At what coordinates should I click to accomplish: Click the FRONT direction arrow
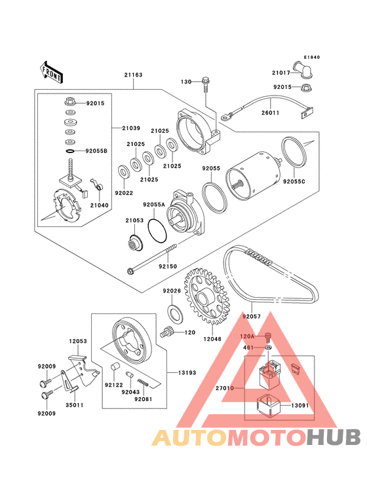[x=51, y=72]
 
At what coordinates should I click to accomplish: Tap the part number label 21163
[x=133, y=75]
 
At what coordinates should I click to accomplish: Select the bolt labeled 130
[x=206, y=83]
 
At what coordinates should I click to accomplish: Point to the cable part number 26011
[x=271, y=113]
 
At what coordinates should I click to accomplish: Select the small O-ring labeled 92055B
[x=70, y=151]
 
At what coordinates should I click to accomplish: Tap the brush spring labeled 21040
[x=98, y=185]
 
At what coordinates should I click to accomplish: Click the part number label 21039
[x=131, y=128]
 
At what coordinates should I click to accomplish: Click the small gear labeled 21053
[x=135, y=242]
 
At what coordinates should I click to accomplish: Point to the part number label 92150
[x=168, y=266]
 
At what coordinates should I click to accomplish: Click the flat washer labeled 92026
[x=176, y=313]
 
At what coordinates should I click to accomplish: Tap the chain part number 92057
[x=252, y=317]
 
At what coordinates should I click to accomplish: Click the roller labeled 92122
[x=115, y=366]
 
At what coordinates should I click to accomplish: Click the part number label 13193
[x=187, y=373]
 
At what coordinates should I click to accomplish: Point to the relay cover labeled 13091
[x=267, y=405]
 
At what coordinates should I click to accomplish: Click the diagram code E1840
[x=312, y=57]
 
